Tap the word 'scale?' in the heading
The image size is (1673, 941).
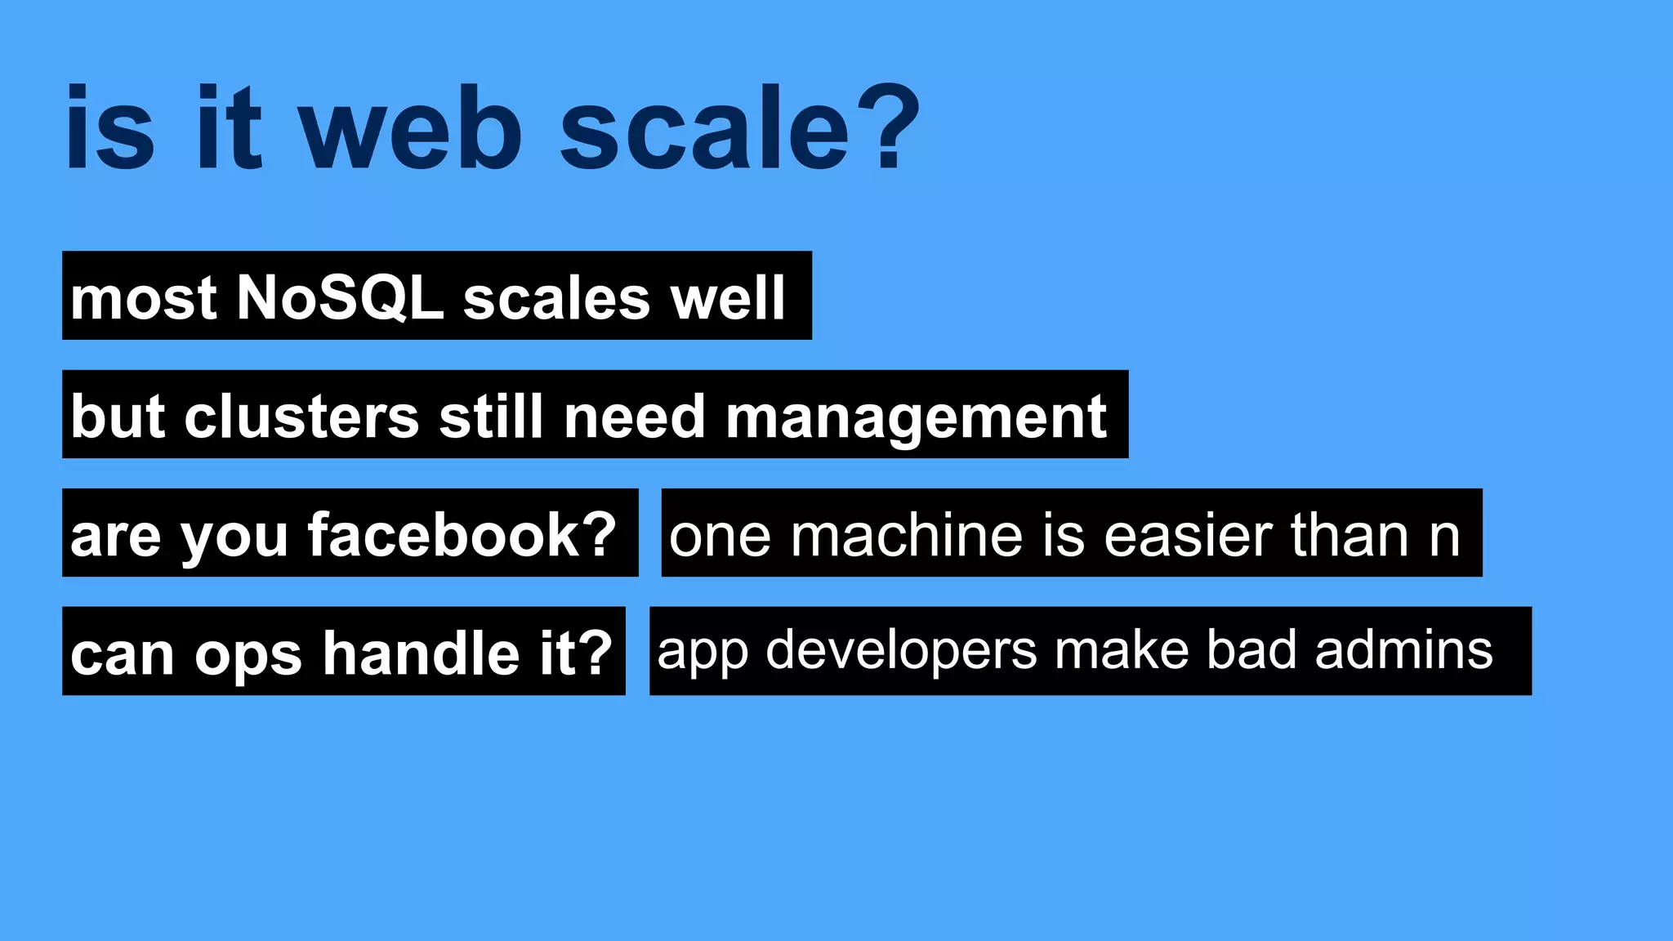[x=740, y=131]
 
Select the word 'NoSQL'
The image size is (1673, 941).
[x=340, y=297]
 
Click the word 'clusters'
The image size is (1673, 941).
[x=302, y=417]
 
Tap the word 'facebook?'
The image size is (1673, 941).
[x=462, y=535]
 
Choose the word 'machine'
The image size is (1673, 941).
[x=906, y=536]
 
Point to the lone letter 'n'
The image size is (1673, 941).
[x=1444, y=537]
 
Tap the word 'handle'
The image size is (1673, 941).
[x=421, y=653]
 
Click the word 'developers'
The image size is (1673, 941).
[x=902, y=652]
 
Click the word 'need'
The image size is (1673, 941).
[x=634, y=417]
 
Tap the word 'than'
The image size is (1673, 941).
[x=1350, y=536]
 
